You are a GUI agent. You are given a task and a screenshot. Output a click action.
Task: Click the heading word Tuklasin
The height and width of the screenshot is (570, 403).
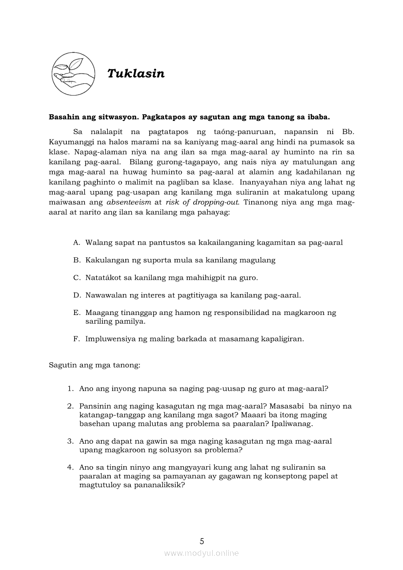pyautogui.click(x=136, y=74)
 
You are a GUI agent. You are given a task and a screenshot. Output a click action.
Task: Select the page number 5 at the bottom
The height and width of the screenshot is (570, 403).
pyautogui.click(x=201, y=541)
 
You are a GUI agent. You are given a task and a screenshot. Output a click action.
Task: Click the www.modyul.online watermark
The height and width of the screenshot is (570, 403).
pyautogui.click(x=201, y=553)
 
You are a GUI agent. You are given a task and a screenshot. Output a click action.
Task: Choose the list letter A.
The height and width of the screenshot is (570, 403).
pyautogui.click(x=76, y=242)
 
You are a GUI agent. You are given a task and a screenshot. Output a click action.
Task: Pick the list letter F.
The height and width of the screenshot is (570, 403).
pyautogui.click(x=76, y=339)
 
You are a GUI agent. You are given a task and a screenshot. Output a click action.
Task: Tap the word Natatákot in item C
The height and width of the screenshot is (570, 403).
pyautogui.click(x=102, y=277)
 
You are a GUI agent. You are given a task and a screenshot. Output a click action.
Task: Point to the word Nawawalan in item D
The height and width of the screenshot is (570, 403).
pyautogui.click(x=105, y=295)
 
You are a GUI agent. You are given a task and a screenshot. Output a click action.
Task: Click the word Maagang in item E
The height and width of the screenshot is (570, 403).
pyautogui.click(x=100, y=313)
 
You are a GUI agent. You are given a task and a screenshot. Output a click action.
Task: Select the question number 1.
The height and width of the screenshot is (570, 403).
pyautogui.click(x=70, y=389)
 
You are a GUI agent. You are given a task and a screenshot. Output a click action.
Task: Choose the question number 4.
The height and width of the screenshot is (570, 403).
pyautogui.click(x=70, y=468)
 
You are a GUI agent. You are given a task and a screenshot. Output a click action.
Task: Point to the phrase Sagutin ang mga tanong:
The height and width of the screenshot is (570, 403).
pyautogui.click(x=95, y=365)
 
